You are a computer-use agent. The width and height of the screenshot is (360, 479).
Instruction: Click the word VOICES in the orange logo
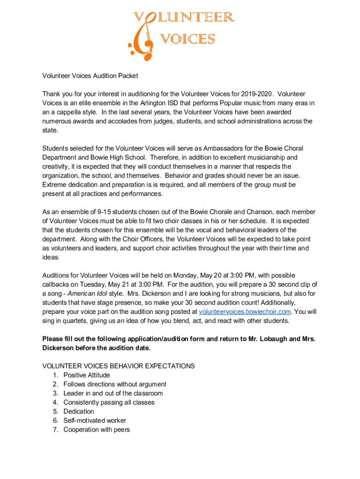click(188, 39)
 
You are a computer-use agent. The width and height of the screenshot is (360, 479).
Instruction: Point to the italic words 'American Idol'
click(88, 293)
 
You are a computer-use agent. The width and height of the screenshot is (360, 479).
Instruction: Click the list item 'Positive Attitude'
click(86, 375)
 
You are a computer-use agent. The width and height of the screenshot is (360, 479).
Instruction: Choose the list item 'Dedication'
click(79, 412)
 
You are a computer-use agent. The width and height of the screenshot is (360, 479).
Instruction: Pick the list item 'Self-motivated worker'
click(94, 421)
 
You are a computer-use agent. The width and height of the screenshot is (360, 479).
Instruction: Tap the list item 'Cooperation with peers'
click(96, 430)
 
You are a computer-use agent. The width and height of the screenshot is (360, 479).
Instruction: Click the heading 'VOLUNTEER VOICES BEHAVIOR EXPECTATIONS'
click(119, 366)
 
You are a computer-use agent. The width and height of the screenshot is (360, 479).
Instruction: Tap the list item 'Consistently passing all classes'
click(108, 402)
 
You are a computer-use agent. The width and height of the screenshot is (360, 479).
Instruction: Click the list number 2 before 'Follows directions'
click(55, 385)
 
